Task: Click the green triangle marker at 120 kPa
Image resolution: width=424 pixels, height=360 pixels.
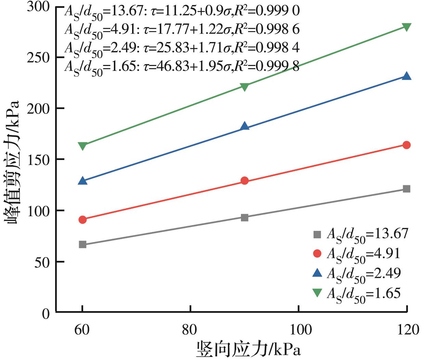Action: [407, 27]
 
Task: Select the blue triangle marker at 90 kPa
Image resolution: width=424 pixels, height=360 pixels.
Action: [245, 126]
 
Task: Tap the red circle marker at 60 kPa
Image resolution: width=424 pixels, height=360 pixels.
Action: [82, 219]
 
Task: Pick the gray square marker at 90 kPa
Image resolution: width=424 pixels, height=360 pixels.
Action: [245, 217]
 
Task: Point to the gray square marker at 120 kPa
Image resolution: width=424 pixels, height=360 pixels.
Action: [407, 189]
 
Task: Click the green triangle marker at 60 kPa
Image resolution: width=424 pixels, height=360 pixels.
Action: [82, 146]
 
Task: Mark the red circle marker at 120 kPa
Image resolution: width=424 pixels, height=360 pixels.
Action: [407, 145]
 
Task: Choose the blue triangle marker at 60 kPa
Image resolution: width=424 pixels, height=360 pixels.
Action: [82, 181]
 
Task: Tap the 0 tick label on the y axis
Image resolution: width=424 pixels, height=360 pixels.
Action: [46, 313]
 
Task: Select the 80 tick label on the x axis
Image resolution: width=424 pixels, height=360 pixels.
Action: [190, 330]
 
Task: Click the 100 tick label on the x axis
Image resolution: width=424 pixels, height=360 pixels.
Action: [299, 330]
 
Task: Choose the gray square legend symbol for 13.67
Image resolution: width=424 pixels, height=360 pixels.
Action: [317, 234]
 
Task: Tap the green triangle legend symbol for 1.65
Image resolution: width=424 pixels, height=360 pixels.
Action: [317, 293]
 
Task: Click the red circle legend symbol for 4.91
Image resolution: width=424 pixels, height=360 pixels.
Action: [317, 253]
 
